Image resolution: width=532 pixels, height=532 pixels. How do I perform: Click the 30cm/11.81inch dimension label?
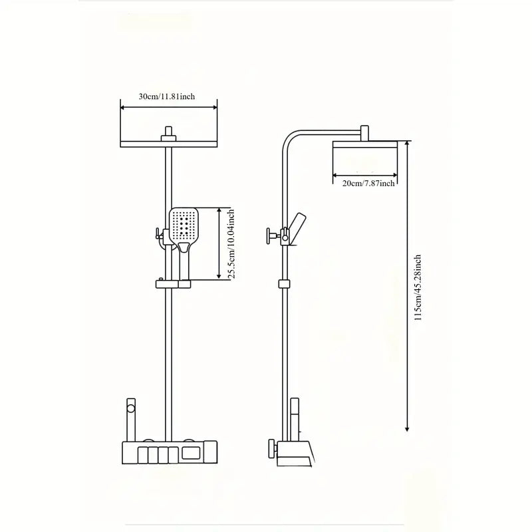click(166, 96)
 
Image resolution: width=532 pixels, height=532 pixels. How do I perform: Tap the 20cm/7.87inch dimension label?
click(368, 183)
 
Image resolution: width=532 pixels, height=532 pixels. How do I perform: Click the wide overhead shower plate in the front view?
click(168, 144)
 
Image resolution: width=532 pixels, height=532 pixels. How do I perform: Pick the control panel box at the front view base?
click(169, 455)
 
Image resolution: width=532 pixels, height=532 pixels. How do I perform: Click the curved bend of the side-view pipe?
click(290, 137)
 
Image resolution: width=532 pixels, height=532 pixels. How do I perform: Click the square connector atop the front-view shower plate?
click(168, 133)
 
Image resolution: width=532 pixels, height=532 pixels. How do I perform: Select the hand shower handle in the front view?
click(185, 263)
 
